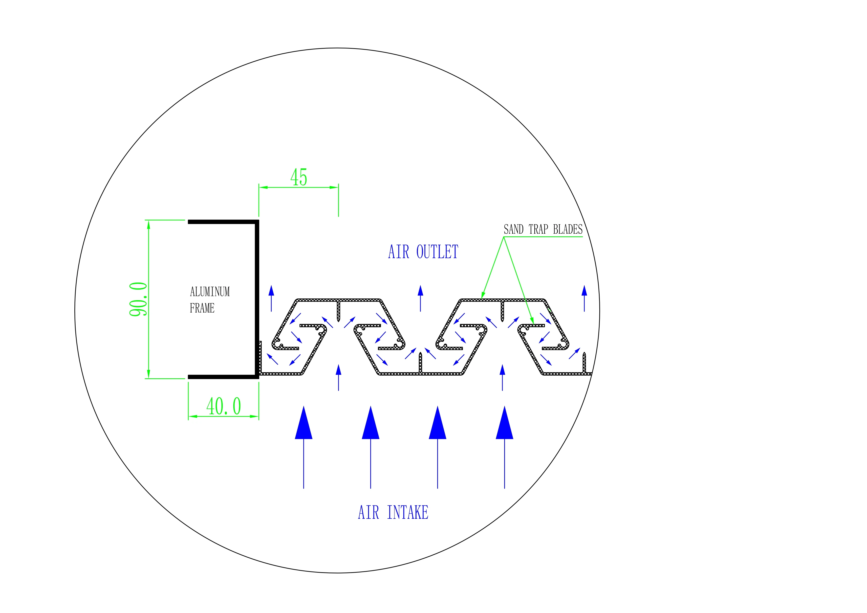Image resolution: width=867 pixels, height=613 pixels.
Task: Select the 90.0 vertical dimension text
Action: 138,299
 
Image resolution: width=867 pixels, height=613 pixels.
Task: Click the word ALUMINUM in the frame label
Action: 210,292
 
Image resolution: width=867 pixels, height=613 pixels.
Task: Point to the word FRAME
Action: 202,308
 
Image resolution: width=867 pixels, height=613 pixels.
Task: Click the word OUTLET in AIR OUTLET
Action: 437,252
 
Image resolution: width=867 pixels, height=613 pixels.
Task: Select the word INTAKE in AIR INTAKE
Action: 408,513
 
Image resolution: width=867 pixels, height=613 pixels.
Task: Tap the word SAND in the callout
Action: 514,229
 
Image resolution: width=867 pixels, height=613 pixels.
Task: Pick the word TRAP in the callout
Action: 538,229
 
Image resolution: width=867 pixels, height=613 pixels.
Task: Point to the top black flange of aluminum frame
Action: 223,222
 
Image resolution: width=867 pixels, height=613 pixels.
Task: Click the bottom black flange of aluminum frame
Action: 223,377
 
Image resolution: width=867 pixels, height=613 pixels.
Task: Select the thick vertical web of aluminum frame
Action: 257,298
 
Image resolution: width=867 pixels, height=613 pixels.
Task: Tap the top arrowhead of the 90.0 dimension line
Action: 148,225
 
